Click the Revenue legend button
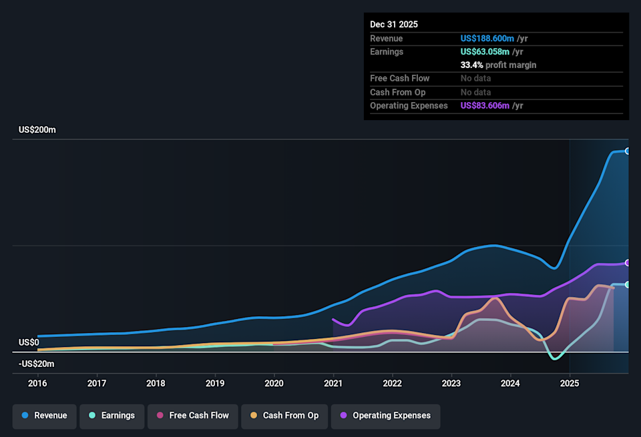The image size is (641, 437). click(45, 416)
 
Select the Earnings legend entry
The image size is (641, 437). click(111, 416)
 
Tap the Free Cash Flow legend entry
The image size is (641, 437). click(192, 416)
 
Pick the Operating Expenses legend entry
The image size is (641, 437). click(385, 416)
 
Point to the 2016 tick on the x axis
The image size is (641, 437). click(37, 384)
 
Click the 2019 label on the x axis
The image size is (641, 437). click(215, 384)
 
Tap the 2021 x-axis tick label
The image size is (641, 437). click(333, 384)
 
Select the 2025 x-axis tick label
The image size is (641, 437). click(570, 384)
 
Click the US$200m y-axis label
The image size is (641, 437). click(37, 129)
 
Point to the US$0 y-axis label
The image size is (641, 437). click(29, 342)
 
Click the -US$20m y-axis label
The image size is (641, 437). click(37, 364)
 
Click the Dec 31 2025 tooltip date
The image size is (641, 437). click(394, 24)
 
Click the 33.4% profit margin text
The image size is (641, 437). click(498, 65)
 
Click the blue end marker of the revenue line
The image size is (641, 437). click(628, 151)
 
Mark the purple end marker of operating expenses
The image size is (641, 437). click(628, 263)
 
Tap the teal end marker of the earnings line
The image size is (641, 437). click(628, 285)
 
